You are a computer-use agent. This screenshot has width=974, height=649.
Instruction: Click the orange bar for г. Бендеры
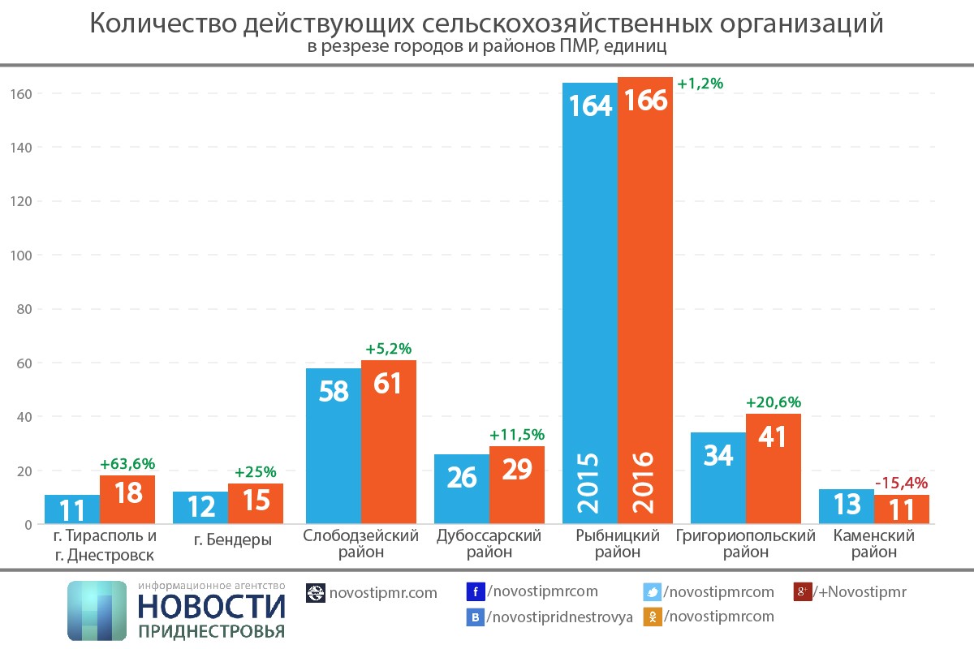256,504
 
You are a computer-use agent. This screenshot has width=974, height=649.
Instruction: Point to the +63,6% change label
127,464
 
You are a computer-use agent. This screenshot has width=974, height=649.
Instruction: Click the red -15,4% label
901,484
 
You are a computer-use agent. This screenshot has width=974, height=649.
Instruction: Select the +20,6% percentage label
774,402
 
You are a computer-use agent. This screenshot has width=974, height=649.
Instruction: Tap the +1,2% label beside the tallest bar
700,84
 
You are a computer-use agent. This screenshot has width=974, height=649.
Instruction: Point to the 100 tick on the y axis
22,256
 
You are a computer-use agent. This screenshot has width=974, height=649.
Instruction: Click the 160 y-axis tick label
22,94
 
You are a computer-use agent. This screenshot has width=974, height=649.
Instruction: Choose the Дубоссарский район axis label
489,544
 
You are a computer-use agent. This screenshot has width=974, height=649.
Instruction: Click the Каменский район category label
874,544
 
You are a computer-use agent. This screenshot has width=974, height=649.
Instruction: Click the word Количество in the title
162,24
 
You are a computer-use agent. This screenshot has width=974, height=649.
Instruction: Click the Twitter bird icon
653,591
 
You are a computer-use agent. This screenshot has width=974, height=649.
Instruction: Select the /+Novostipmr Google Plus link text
860,591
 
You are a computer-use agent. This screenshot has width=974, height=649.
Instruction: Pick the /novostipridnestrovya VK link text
559,617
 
